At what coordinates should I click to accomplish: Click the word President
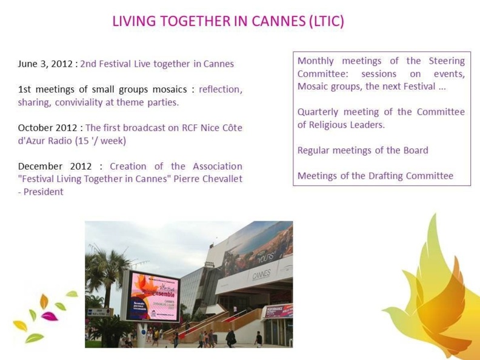point(43,192)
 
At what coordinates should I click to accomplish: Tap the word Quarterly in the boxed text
point(319,112)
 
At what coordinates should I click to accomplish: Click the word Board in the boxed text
point(415,150)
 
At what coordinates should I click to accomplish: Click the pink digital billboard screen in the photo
point(153,296)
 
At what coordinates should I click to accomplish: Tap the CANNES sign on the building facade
point(261,275)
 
